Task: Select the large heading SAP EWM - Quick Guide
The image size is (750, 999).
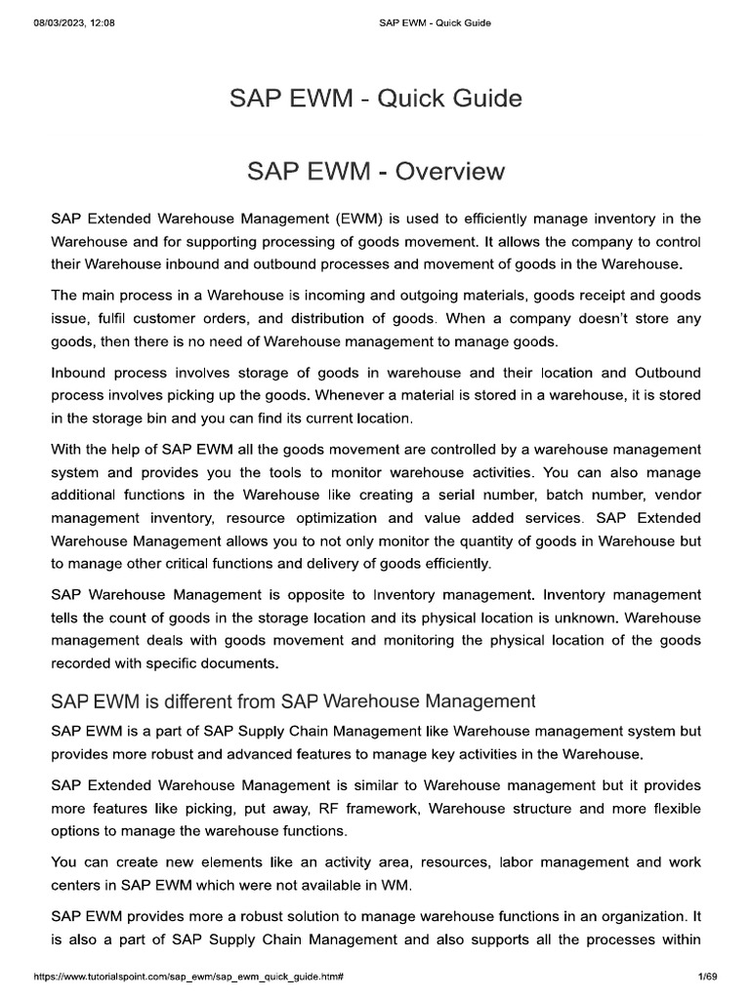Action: pyautogui.click(x=375, y=99)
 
